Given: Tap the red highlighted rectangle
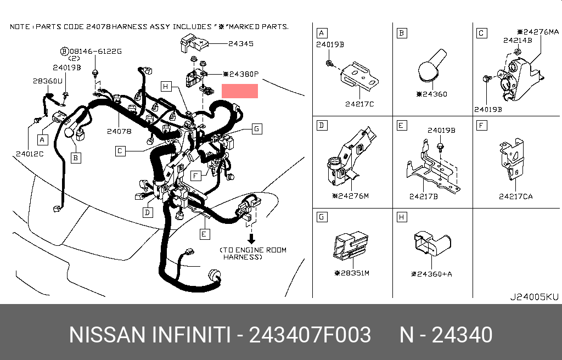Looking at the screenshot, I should point(239,91).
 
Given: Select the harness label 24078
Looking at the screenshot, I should point(119,131).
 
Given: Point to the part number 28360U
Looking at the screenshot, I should point(47,81).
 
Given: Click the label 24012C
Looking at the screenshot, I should point(30,154).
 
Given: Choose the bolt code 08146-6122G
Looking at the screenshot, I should point(94,51).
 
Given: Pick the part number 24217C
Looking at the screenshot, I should point(359,104).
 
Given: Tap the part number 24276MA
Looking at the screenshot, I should point(541,32).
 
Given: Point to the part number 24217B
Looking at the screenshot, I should point(423,196).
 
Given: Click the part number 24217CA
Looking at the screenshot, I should point(515,196).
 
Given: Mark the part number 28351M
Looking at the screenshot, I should point(354,273).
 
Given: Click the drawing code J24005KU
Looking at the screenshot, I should point(534,297).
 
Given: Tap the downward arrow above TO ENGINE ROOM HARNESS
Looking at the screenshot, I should point(252,239).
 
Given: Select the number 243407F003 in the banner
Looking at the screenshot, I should point(310,334).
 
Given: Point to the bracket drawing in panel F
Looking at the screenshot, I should point(513,159).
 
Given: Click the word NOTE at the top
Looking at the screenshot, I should point(21,26).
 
